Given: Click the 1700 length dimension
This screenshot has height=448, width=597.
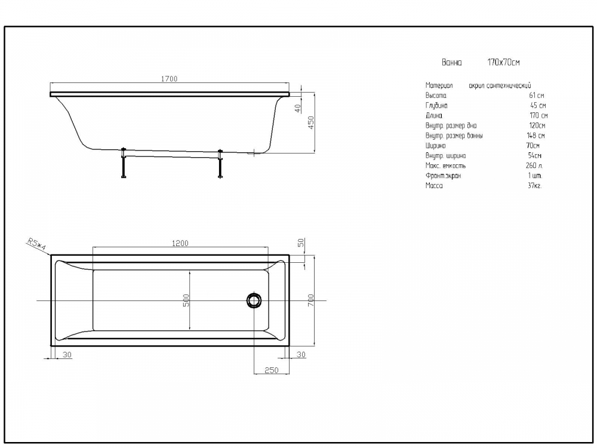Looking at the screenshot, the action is (x=169, y=79).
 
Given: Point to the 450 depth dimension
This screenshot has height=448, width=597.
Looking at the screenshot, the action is (x=311, y=122).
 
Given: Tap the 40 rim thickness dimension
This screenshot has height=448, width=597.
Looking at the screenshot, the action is (x=298, y=109).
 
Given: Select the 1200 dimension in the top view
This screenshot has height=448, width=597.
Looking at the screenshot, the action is (x=180, y=243).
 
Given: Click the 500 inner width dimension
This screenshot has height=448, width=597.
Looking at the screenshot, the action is (x=186, y=300).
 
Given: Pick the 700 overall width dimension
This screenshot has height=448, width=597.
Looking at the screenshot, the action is (x=311, y=300).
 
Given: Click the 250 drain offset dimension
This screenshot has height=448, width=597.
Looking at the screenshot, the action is (x=272, y=370).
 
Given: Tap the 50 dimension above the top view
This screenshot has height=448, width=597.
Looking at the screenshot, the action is (x=301, y=243).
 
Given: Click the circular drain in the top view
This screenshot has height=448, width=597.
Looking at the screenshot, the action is (x=254, y=300).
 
